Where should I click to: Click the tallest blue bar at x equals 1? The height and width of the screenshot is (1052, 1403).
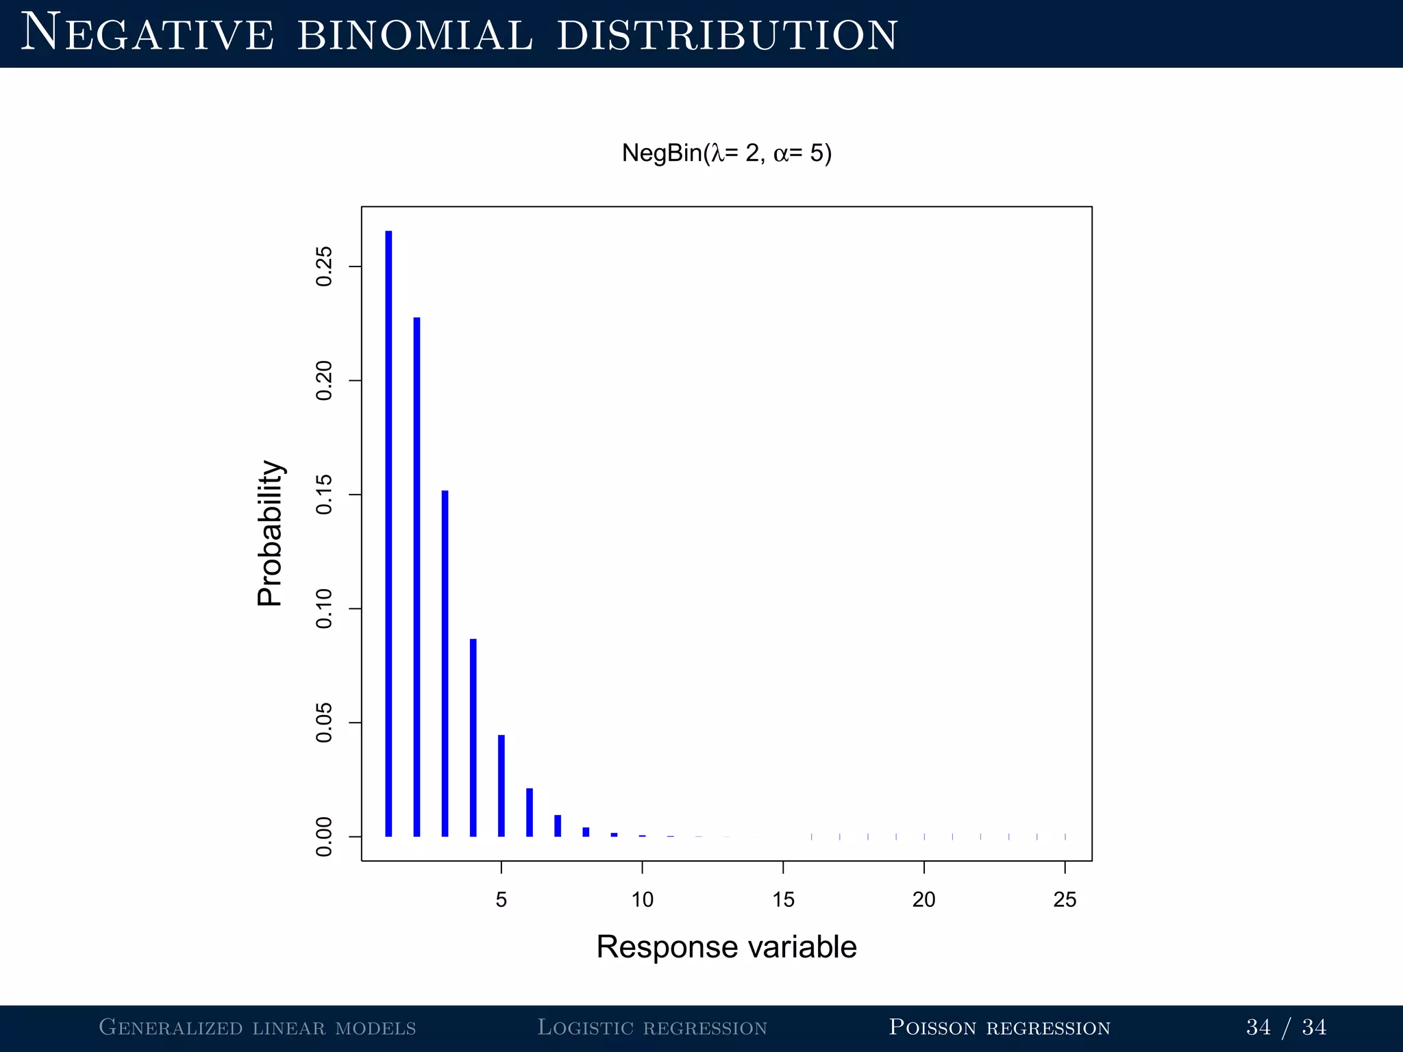(388, 534)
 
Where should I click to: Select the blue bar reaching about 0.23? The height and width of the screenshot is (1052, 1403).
(417, 577)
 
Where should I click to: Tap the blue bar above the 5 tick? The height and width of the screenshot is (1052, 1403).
(501, 786)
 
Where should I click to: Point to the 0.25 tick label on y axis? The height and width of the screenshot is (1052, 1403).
(324, 266)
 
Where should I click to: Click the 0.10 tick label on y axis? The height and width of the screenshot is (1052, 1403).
(324, 609)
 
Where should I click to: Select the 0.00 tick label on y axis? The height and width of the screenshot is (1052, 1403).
(324, 837)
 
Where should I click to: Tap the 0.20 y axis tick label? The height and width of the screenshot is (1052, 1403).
(324, 381)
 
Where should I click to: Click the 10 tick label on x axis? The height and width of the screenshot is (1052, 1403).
(642, 899)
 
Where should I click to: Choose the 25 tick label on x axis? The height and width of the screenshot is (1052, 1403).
(1065, 899)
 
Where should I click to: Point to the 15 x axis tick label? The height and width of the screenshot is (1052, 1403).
(783, 899)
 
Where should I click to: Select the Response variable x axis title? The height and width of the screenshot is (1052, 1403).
(726, 947)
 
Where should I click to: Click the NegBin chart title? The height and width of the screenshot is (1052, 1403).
(726, 153)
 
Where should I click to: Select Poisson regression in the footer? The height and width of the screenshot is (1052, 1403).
(999, 1027)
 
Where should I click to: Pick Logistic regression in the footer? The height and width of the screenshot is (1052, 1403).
(651, 1027)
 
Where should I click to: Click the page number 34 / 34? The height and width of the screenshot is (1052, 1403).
(1286, 1027)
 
